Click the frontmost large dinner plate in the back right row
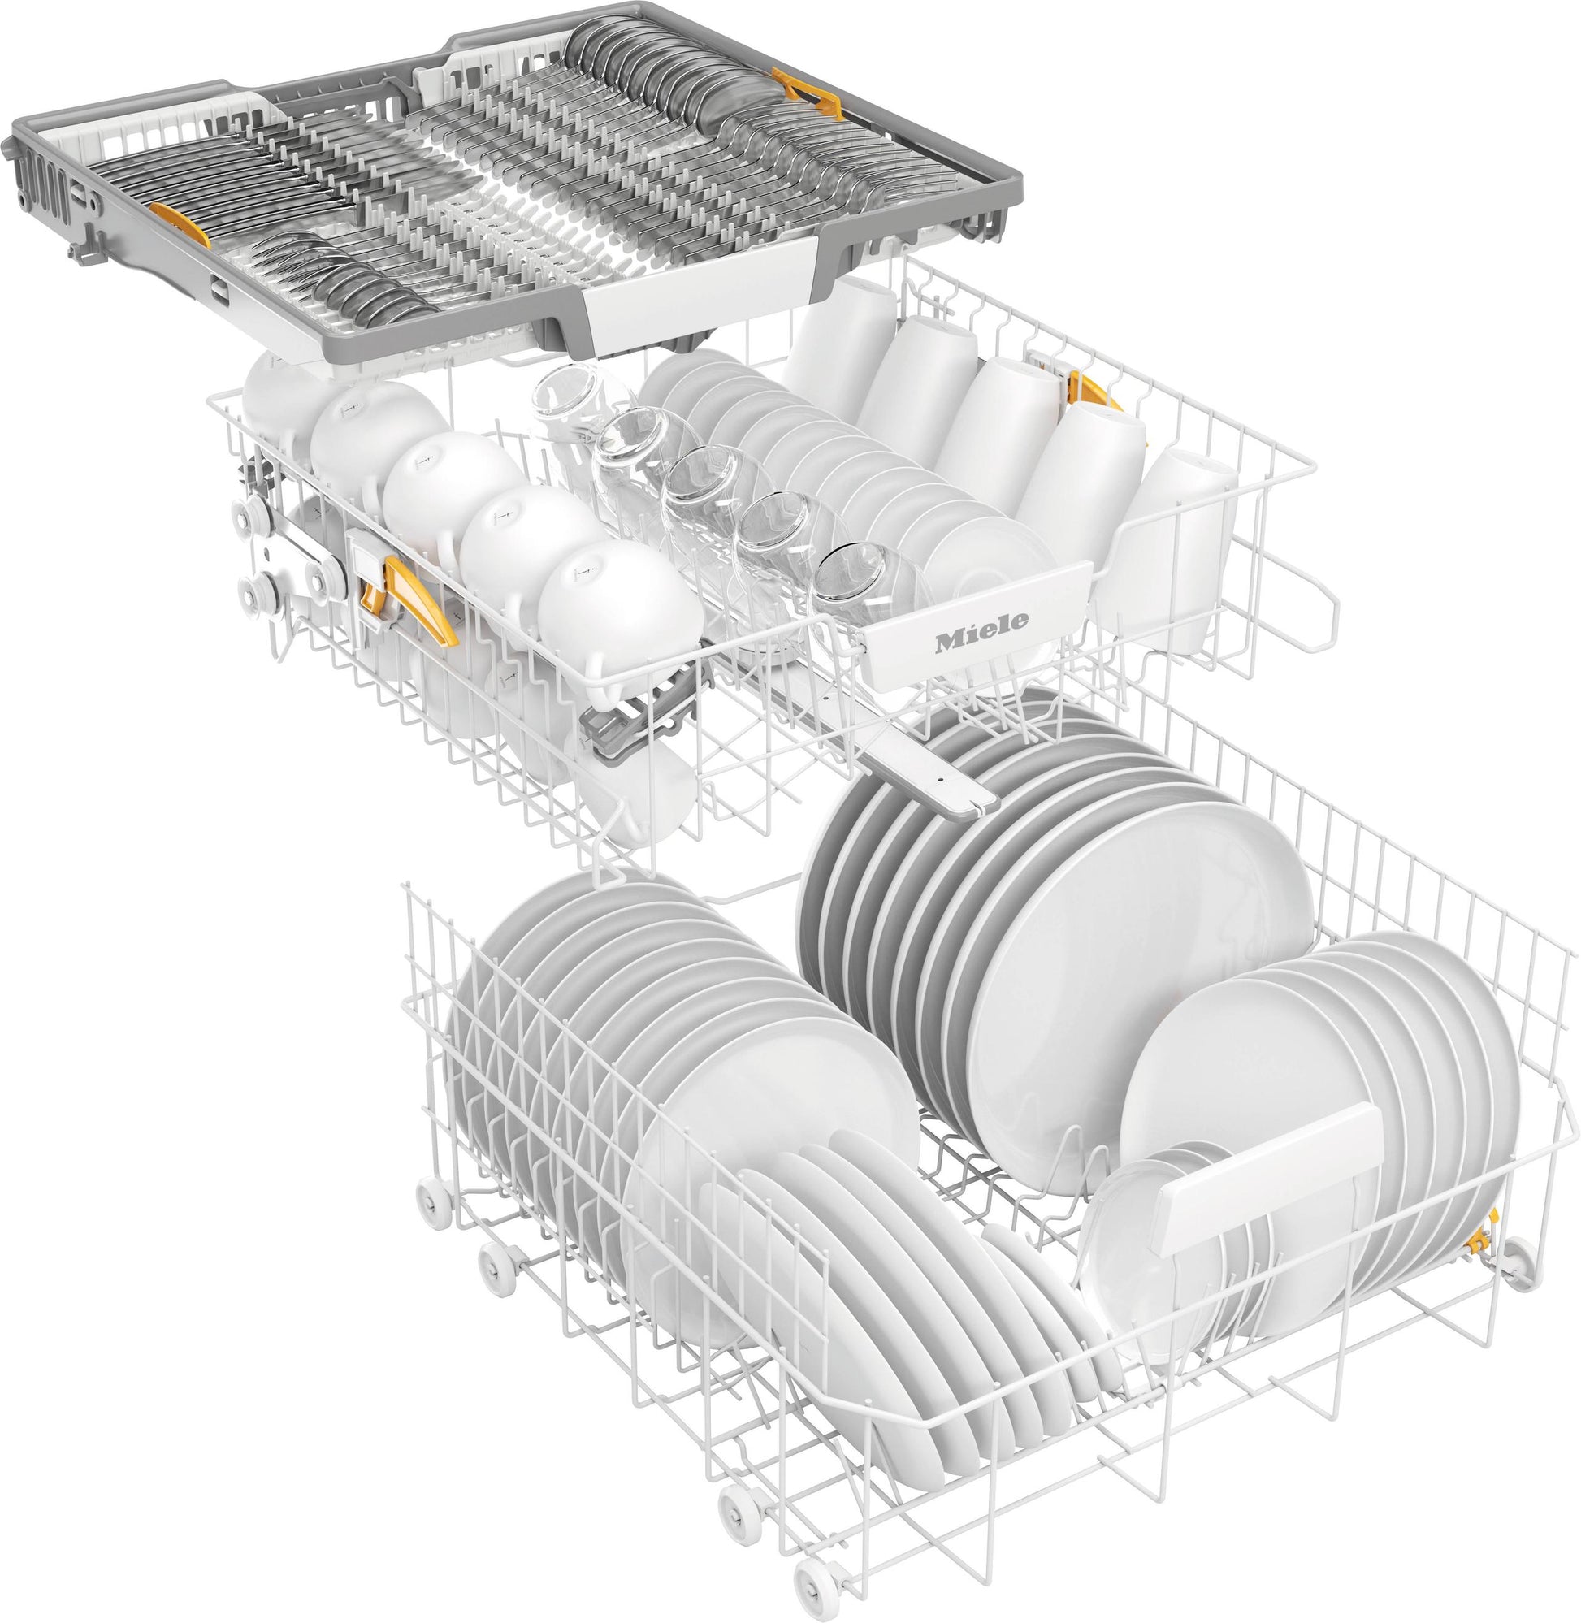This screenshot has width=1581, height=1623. pyautogui.click(x=1137, y=963)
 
